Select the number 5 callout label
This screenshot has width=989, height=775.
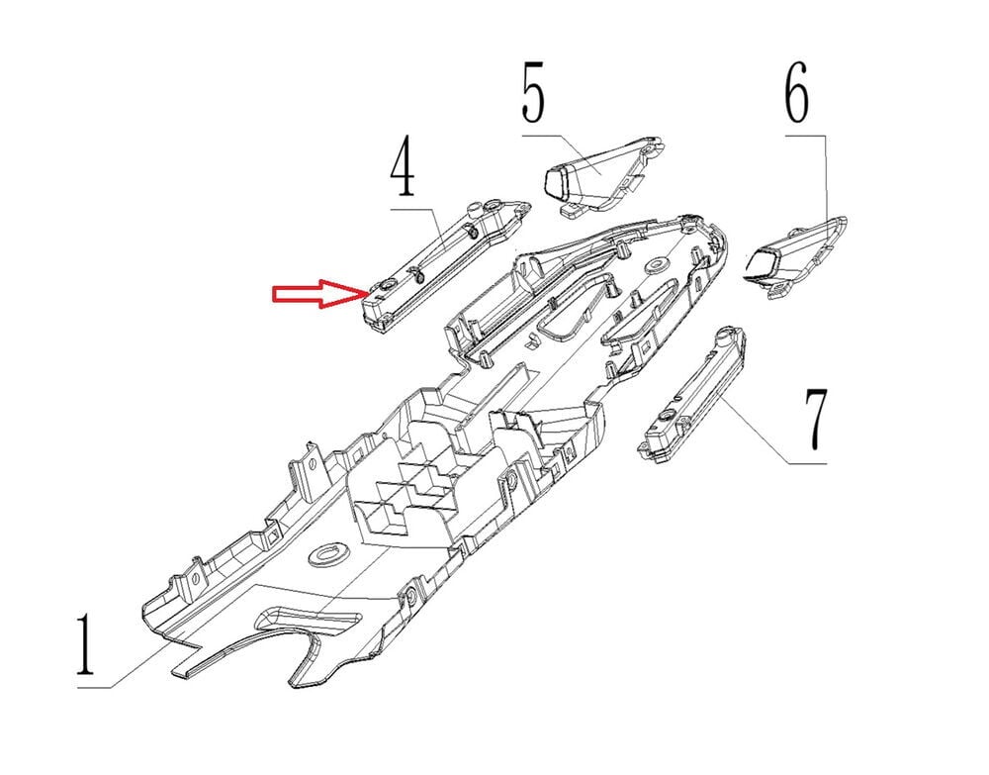pyautogui.click(x=534, y=92)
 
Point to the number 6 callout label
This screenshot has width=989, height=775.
pyautogui.click(x=797, y=92)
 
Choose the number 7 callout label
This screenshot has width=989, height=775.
pyautogui.click(x=816, y=419)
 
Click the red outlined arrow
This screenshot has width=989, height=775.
pyautogui.click(x=320, y=293)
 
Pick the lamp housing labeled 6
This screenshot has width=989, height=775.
pyautogui.click(x=796, y=256)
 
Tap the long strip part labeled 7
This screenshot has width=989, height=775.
pyautogui.click(x=692, y=394)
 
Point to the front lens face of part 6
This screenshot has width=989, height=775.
pyautogui.click(x=761, y=264)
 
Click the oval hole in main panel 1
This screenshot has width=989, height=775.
pyautogui.click(x=329, y=554)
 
